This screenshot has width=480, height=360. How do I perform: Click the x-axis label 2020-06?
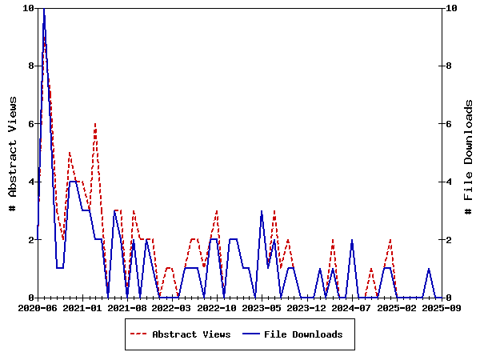(38, 307)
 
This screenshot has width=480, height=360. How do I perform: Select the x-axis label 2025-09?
(441, 307)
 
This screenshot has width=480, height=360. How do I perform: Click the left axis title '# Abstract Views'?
(12, 153)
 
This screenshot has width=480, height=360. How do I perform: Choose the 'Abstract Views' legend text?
(191, 334)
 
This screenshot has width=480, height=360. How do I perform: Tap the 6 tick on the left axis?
(30, 124)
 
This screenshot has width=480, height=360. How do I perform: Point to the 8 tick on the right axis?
(449, 66)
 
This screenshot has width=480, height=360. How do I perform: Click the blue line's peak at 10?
(44, 9)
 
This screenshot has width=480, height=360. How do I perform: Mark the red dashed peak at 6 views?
(95, 124)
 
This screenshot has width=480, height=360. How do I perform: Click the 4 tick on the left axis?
(30, 182)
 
